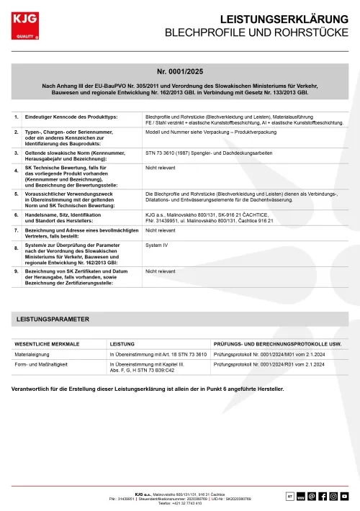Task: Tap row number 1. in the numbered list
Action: tap(17, 117)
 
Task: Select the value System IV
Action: tap(156, 245)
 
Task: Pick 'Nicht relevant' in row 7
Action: tap(161, 230)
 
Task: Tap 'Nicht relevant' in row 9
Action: tap(161, 272)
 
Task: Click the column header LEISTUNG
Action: tap(122, 344)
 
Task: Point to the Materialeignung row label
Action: tap(34, 355)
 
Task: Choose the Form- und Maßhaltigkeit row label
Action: tap(41, 366)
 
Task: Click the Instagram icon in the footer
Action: tap(333, 496)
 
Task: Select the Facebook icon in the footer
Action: tap(323, 496)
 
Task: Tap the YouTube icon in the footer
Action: tap(345, 496)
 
